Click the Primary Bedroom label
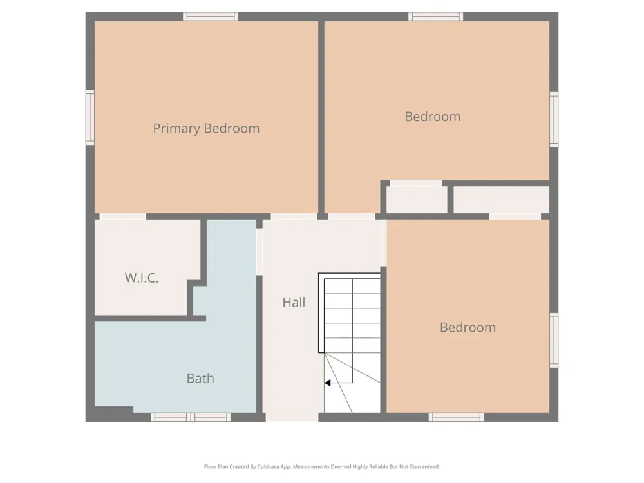point(206,129)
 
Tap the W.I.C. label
point(141,278)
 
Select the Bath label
point(200,378)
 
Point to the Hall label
point(294,303)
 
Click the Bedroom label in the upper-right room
point(433,117)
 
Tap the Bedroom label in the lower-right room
point(468,327)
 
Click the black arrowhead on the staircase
point(327,383)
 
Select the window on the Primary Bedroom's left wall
point(90,117)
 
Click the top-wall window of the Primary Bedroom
point(211,17)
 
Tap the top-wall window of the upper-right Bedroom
point(436,17)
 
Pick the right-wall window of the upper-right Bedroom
point(554,120)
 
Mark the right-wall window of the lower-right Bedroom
point(554,341)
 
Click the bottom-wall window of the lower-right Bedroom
point(457,417)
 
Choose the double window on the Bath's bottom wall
point(191,417)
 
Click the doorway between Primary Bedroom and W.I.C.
point(123,216)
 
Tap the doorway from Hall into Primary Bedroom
point(294,216)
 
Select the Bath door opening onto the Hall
point(260,252)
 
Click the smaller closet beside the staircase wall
point(417,200)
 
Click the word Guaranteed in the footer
point(424,466)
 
